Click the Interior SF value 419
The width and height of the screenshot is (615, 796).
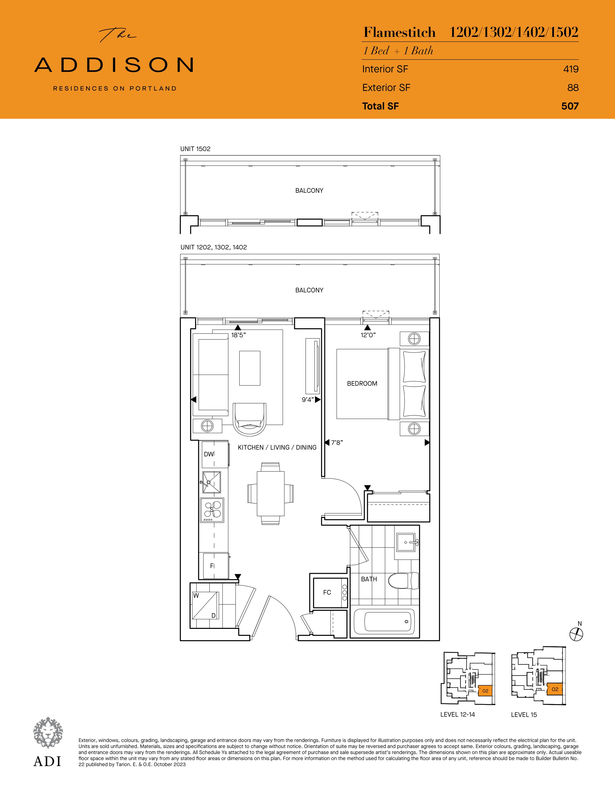[571, 69]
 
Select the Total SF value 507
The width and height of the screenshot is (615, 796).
[570, 106]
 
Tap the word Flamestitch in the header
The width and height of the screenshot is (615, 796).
[399, 32]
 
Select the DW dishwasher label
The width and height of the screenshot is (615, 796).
[209, 454]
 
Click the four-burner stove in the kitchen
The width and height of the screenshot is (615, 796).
[212, 510]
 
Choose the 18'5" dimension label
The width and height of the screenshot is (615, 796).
[239, 335]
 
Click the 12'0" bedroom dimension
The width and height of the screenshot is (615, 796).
[368, 335]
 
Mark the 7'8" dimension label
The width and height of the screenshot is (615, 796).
[337, 442]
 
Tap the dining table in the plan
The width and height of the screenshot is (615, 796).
[270, 494]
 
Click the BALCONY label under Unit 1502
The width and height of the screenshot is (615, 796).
[309, 191]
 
